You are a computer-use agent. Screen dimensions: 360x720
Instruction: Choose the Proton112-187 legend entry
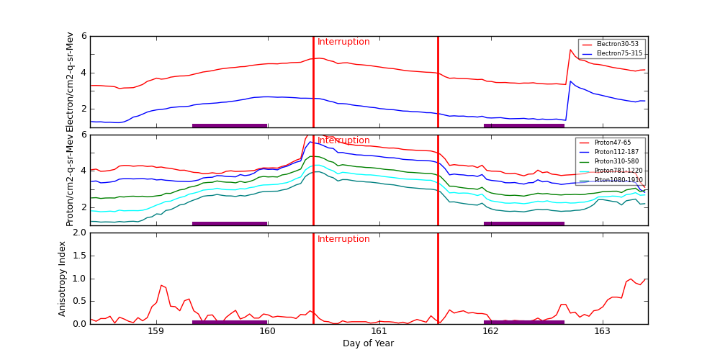point(613,152)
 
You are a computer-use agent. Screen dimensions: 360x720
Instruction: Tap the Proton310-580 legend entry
point(613,161)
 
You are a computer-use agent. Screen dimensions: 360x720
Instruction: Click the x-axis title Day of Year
point(368,343)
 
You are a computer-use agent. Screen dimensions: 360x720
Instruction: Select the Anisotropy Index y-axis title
point(63,279)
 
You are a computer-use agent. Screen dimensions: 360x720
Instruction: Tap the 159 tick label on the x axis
point(156,331)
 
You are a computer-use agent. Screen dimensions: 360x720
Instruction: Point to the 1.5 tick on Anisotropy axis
point(78,256)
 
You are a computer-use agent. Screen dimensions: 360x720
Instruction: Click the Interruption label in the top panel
point(343,42)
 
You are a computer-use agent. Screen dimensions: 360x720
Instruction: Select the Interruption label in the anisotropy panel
point(343,239)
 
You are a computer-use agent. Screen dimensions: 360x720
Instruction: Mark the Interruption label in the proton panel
point(343,140)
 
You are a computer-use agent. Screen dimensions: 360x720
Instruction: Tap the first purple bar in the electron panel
point(230,125)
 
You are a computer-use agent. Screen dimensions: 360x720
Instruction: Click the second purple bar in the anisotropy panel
point(523,322)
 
